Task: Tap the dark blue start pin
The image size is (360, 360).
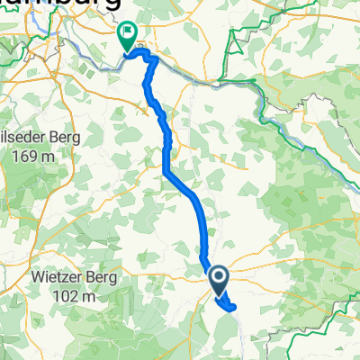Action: click(x=220, y=280)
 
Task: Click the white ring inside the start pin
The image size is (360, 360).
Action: click(x=220, y=277)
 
